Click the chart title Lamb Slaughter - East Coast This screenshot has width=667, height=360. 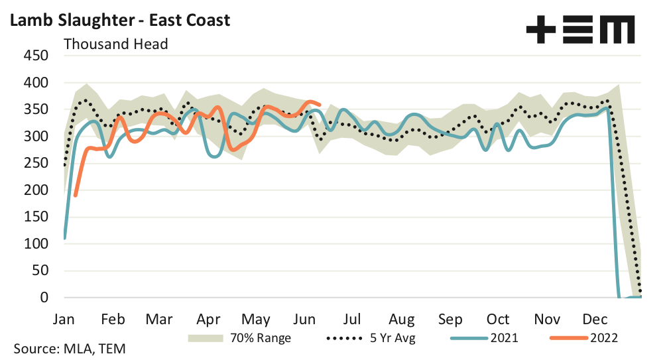coord(119,20)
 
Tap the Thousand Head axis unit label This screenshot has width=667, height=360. coord(115,44)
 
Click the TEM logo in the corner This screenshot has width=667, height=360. coord(580,30)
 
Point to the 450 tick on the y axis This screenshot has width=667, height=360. coord(35,56)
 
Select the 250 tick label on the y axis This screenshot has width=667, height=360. coord(35,163)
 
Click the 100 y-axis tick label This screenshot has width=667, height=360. coord(35,244)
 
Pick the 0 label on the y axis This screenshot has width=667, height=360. coord(44,298)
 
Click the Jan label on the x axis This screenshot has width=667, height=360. coord(64,318)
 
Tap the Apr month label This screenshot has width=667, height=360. coord(209,318)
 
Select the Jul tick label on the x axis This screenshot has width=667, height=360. coord(352,318)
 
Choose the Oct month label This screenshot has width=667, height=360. coord(498,318)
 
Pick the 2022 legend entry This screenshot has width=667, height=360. coord(583,338)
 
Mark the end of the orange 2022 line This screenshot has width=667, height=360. coord(320,104)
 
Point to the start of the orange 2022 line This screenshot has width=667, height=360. coord(76,195)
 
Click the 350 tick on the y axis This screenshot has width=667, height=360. coord(35,109)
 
